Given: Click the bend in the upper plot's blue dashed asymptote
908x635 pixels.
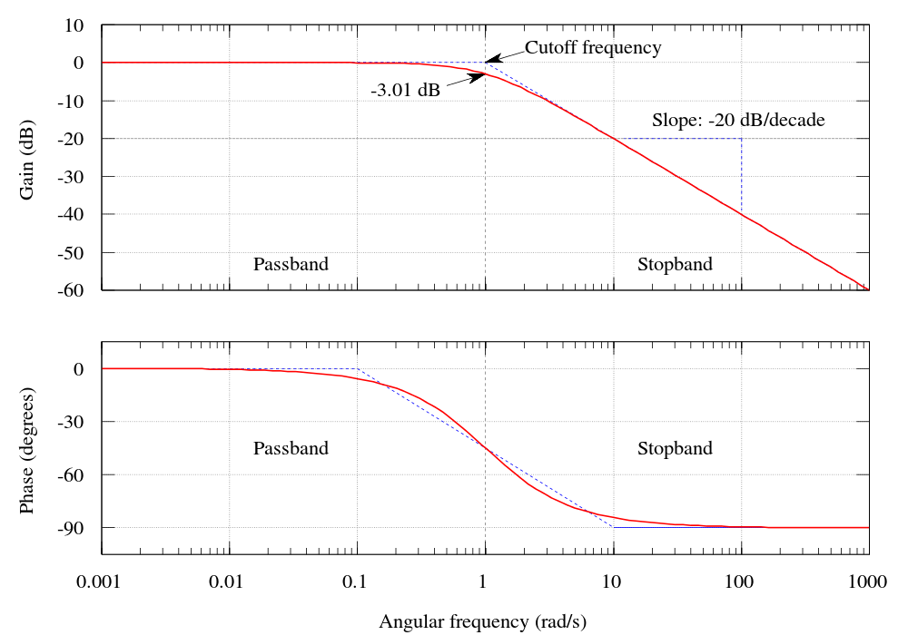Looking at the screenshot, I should tap(485, 63).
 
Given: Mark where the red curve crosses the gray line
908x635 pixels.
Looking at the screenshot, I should tap(614, 139).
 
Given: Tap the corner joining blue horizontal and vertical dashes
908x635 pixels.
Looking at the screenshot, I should tap(742, 139).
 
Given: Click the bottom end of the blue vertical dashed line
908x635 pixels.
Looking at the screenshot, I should tap(742, 214).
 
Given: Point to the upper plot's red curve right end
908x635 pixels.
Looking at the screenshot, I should tap(868, 288).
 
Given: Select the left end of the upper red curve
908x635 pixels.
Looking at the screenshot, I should tap(102, 63).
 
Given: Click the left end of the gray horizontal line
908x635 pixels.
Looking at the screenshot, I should tap(115, 139).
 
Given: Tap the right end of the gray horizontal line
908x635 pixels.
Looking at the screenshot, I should tap(855, 139).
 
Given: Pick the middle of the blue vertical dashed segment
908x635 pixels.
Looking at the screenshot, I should tap(742, 176).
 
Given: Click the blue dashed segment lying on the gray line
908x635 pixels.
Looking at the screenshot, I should tap(677, 139).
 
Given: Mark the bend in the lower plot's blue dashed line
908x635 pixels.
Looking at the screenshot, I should tap(357, 369).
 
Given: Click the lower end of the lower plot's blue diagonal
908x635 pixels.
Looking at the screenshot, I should tap(614, 527).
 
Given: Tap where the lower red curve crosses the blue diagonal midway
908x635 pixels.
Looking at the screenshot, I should tap(485, 448).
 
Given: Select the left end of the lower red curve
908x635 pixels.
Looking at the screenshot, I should tap(102, 369).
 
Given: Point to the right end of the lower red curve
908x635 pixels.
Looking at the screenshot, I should tap(869, 527).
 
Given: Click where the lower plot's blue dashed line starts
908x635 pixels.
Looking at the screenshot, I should tap(230, 369).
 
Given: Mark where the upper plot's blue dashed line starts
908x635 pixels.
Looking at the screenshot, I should tap(357, 63).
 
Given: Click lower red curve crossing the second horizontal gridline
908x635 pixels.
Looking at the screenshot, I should tap(449, 422).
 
